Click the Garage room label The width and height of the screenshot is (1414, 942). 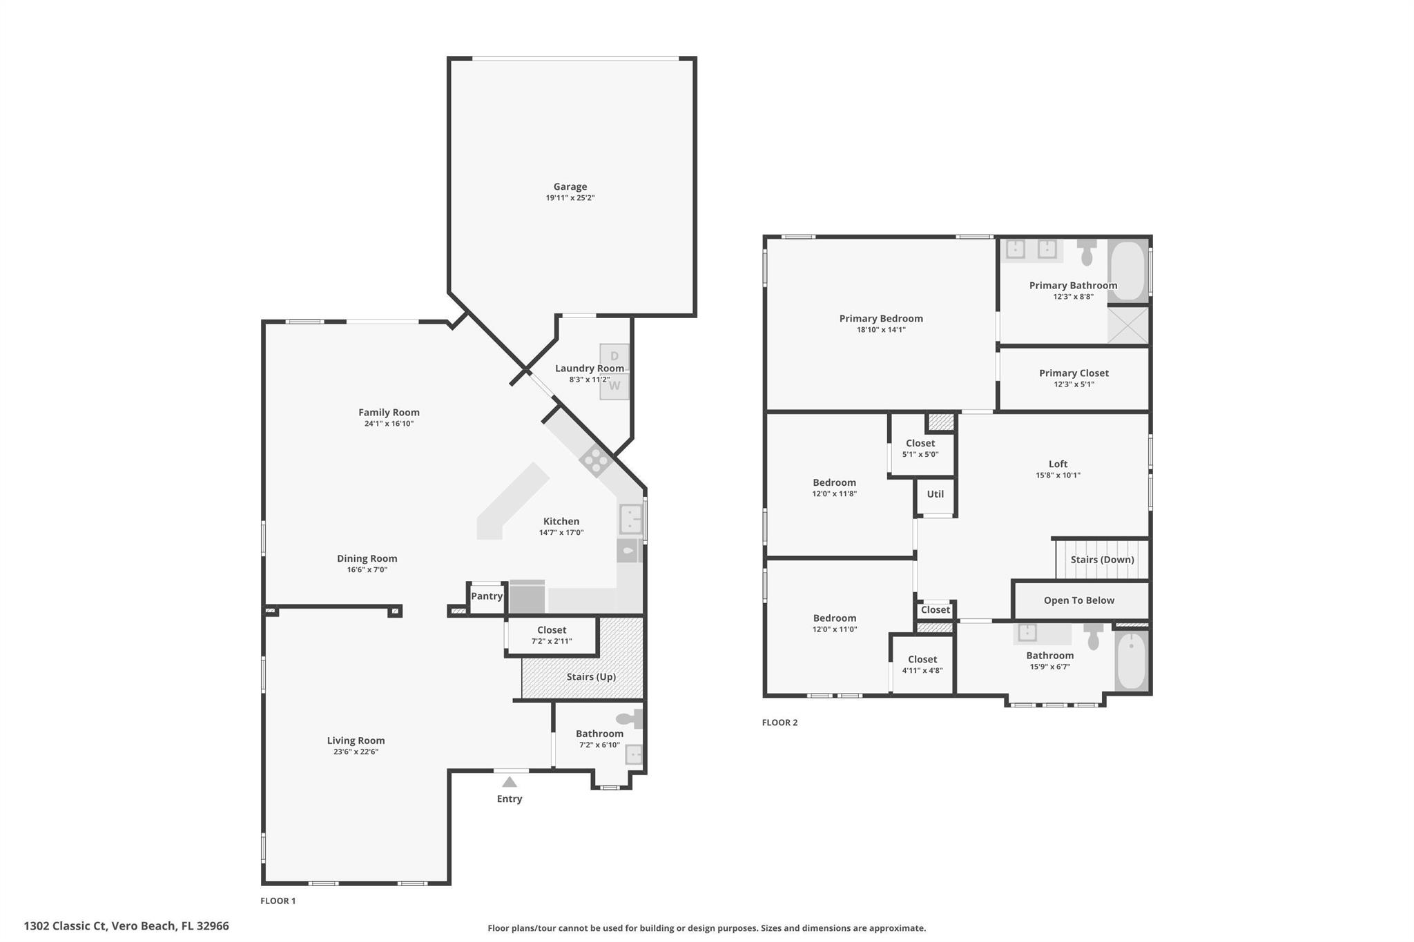(x=570, y=186)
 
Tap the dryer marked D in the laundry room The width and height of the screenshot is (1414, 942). (x=614, y=356)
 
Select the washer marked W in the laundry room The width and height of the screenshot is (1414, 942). (x=614, y=386)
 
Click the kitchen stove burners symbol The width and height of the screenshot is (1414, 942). (x=595, y=460)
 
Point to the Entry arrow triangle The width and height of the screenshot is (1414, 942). (x=510, y=782)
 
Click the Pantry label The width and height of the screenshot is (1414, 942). (x=487, y=596)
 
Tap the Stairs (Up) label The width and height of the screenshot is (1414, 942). (x=591, y=676)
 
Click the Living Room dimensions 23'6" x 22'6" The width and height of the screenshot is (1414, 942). (x=356, y=752)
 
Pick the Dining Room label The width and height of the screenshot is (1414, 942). (x=367, y=558)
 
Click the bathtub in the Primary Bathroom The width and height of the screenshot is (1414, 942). (x=1127, y=270)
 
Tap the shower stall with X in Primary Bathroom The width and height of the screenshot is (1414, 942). (x=1128, y=325)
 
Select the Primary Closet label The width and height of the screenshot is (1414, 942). (x=1074, y=373)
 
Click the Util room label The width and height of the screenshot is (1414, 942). (x=935, y=494)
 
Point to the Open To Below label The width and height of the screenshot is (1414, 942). (x=1078, y=600)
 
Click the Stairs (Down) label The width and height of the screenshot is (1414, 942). (x=1102, y=560)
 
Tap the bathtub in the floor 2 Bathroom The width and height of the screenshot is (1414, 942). (x=1131, y=660)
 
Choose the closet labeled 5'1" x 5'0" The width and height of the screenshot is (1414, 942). (x=920, y=448)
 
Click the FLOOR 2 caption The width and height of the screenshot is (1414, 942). (x=779, y=723)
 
